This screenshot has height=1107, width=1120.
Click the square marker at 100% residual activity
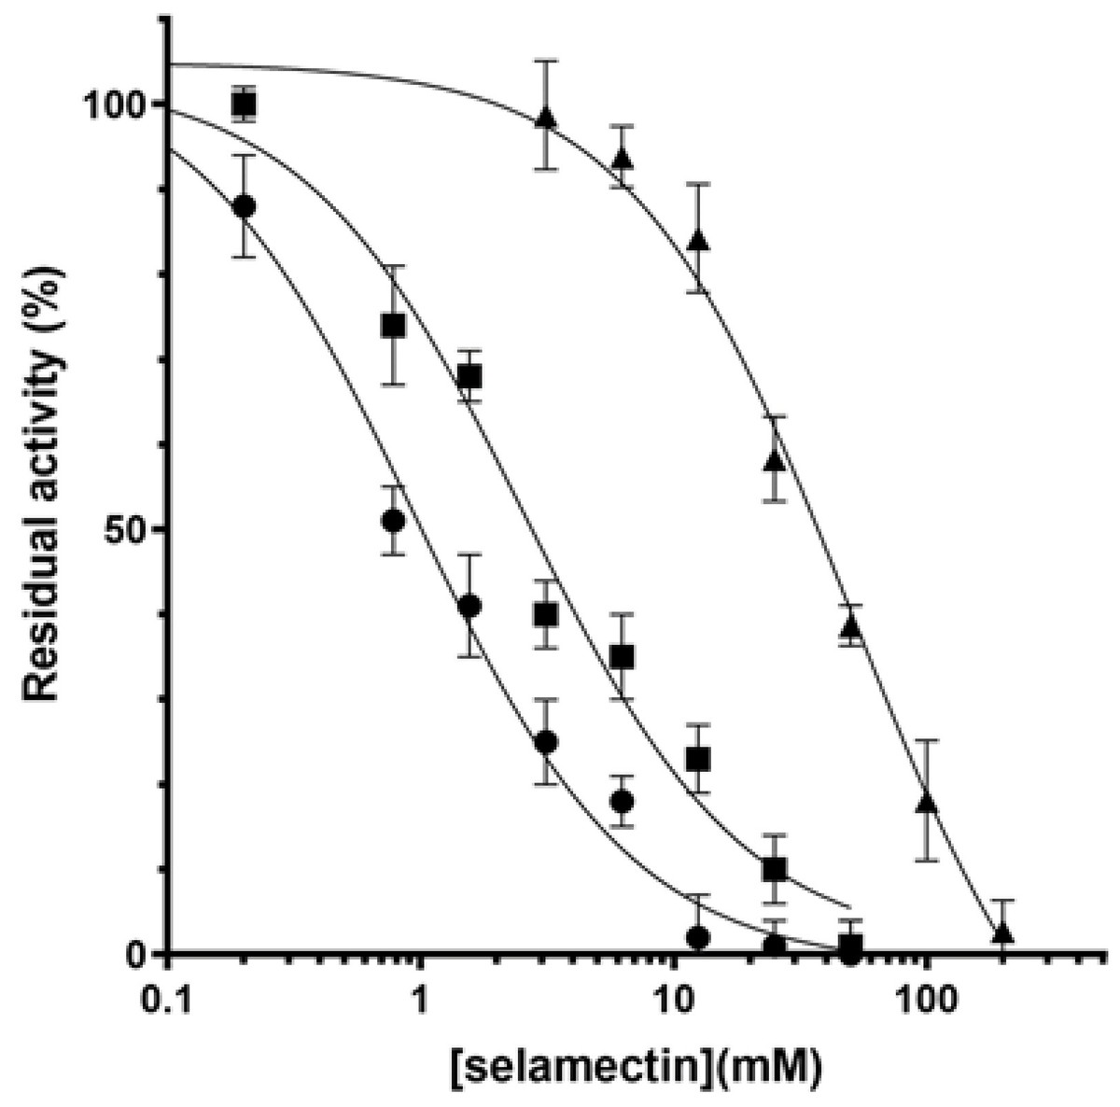click(x=245, y=103)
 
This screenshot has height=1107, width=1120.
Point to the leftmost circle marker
click(x=245, y=206)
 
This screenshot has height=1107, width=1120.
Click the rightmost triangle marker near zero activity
click(x=1002, y=933)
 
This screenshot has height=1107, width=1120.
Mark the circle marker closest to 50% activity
click(x=393, y=521)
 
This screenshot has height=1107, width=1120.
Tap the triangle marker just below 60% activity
click(x=774, y=461)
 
